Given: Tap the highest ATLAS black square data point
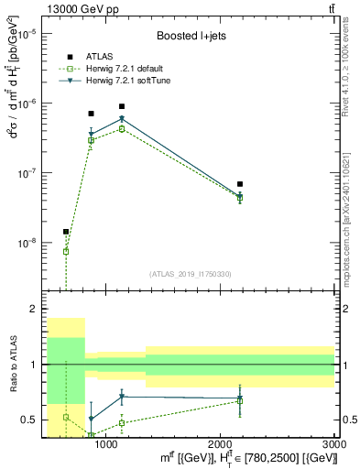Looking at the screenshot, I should click(x=122, y=106).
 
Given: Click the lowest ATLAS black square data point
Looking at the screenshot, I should click(x=66, y=232).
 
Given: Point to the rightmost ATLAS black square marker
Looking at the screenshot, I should click(x=240, y=184).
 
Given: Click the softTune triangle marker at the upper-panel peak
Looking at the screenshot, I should click(x=122, y=119).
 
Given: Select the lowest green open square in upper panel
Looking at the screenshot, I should click(x=66, y=251).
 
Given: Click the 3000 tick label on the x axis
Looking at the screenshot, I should click(x=334, y=445).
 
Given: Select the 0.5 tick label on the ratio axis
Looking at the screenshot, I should click(x=33, y=420).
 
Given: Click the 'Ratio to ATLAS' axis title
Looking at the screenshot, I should click(x=13, y=365).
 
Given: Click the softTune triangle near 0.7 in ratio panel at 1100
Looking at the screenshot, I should click(x=122, y=397).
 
